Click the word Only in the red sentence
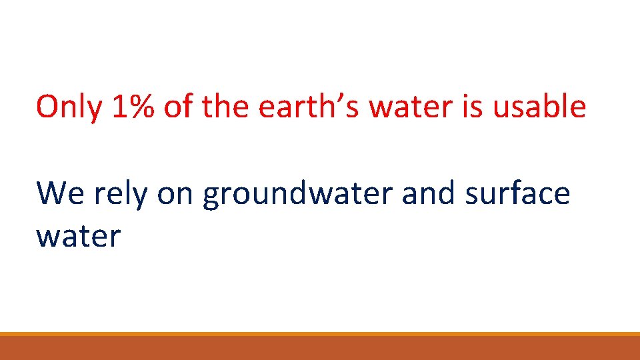tap(69, 107)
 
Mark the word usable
tap(540, 107)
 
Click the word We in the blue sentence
tap(60, 194)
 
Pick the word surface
tap(518, 194)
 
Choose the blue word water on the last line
tap(78, 237)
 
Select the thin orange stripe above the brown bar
tap(320, 334)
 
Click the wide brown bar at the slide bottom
tap(320, 348)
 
